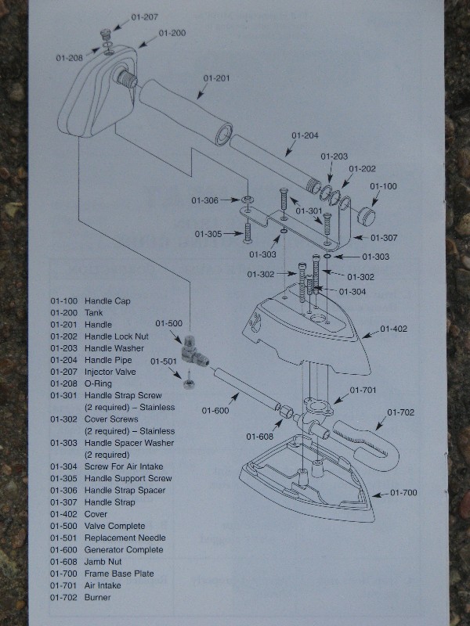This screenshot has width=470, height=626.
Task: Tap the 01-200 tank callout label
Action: click(172, 33)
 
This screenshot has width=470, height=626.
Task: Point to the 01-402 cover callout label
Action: click(394, 329)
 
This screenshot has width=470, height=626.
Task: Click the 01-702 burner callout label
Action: click(400, 412)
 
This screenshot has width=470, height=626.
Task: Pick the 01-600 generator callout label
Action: click(215, 410)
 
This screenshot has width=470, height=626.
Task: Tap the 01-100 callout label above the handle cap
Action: click(383, 186)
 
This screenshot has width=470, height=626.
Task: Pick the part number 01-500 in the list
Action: click(63, 526)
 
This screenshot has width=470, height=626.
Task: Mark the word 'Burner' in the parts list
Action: click(98, 597)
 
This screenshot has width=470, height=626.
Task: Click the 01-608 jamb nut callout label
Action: click(260, 437)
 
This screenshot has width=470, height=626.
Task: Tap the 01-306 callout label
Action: click(204, 200)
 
